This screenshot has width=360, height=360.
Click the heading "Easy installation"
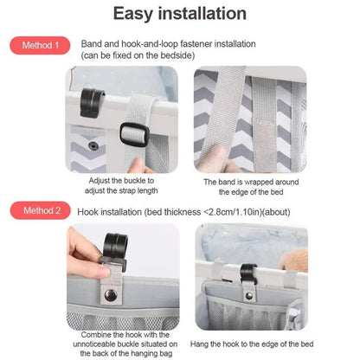[x=179, y=14]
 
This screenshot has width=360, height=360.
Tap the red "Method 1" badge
[x=40, y=45]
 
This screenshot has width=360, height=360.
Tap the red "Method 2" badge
[x=40, y=209]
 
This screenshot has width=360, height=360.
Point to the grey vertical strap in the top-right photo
[x=230, y=104]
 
